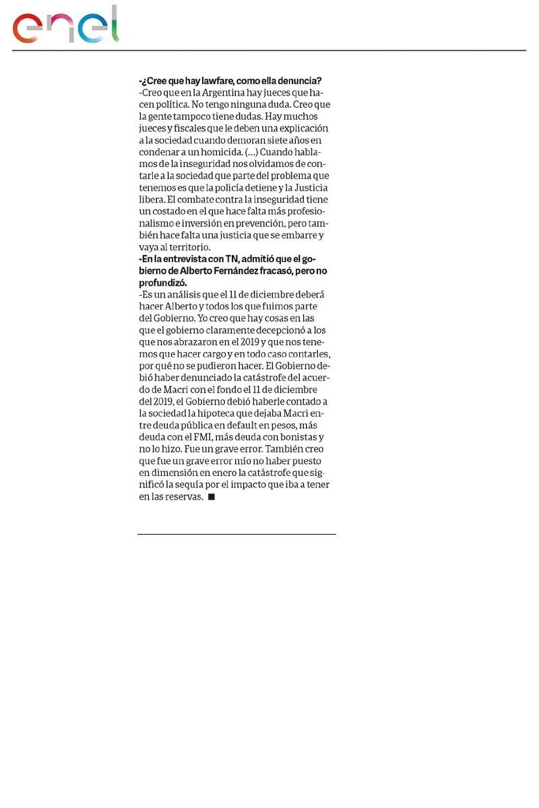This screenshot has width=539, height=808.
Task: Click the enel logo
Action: click(65, 26)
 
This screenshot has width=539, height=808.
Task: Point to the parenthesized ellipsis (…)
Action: click(251, 152)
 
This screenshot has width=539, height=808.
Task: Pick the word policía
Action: click(241, 188)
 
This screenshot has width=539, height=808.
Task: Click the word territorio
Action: click(187, 247)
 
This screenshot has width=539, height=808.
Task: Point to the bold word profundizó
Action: click(163, 283)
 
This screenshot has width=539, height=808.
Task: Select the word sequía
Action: click(203, 485)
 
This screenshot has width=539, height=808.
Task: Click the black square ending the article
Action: click(211, 496)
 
